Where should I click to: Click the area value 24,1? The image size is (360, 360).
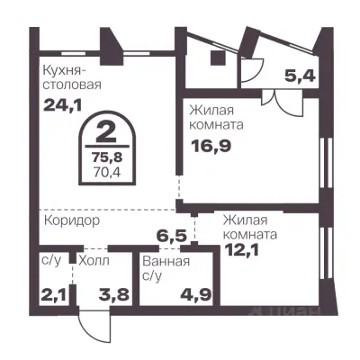point(60,103)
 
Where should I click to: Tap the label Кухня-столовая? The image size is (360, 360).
point(71,77)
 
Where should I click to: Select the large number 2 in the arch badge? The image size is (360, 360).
point(105,136)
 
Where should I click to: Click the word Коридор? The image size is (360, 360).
point(70,219)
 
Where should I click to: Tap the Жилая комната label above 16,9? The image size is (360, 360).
point(221,117)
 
